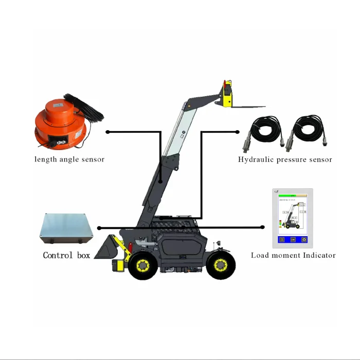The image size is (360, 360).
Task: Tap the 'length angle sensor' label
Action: pyautogui.click(x=69, y=159)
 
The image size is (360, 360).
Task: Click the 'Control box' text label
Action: pyautogui.click(x=66, y=255)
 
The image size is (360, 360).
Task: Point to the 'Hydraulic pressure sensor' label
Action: pyautogui.click(x=285, y=159)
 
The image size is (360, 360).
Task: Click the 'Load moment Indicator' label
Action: pyautogui.click(x=293, y=255)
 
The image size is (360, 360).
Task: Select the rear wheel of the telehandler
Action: pyautogui.click(x=221, y=265)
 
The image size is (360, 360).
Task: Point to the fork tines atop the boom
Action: pyautogui.click(x=247, y=106)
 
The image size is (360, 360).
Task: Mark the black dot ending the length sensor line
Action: pyautogui.click(x=107, y=132)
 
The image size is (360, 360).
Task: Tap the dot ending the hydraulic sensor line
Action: pyautogui.click(x=236, y=132)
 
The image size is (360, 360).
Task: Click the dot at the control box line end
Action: pyautogui.click(x=99, y=228)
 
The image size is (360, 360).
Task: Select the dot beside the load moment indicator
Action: pyautogui.click(x=263, y=228)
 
